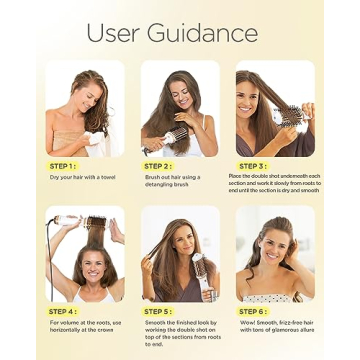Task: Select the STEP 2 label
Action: [x=158, y=165]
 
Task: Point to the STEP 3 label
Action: [x=253, y=165]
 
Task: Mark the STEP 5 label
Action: [x=158, y=311]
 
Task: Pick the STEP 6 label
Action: [x=253, y=311]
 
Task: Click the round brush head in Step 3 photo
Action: [x=293, y=115]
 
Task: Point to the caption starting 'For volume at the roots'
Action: [x=86, y=326]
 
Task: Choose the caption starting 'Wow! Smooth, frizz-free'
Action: [x=275, y=326]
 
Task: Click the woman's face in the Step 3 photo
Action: [x=250, y=100]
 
